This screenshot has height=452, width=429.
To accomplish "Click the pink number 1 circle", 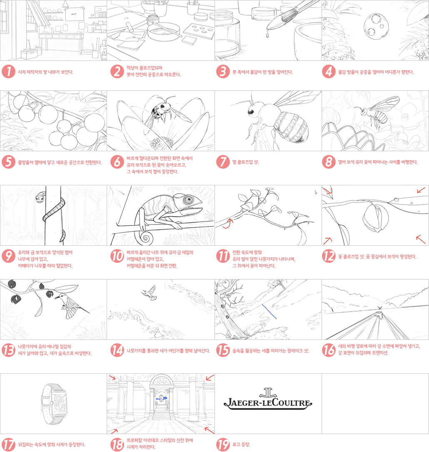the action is [8, 72].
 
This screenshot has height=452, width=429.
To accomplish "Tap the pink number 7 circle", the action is [223, 162].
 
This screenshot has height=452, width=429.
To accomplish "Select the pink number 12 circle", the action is [329, 256].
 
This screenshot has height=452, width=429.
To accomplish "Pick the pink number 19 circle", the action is [223, 444].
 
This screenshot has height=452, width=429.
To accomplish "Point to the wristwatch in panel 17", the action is [55, 404].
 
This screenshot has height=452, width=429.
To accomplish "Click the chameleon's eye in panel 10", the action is [189, 199].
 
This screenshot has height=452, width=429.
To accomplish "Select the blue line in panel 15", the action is [269, 311].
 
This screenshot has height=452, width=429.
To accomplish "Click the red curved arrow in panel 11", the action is [227, 223].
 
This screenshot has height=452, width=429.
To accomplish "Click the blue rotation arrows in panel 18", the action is [161, 398].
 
